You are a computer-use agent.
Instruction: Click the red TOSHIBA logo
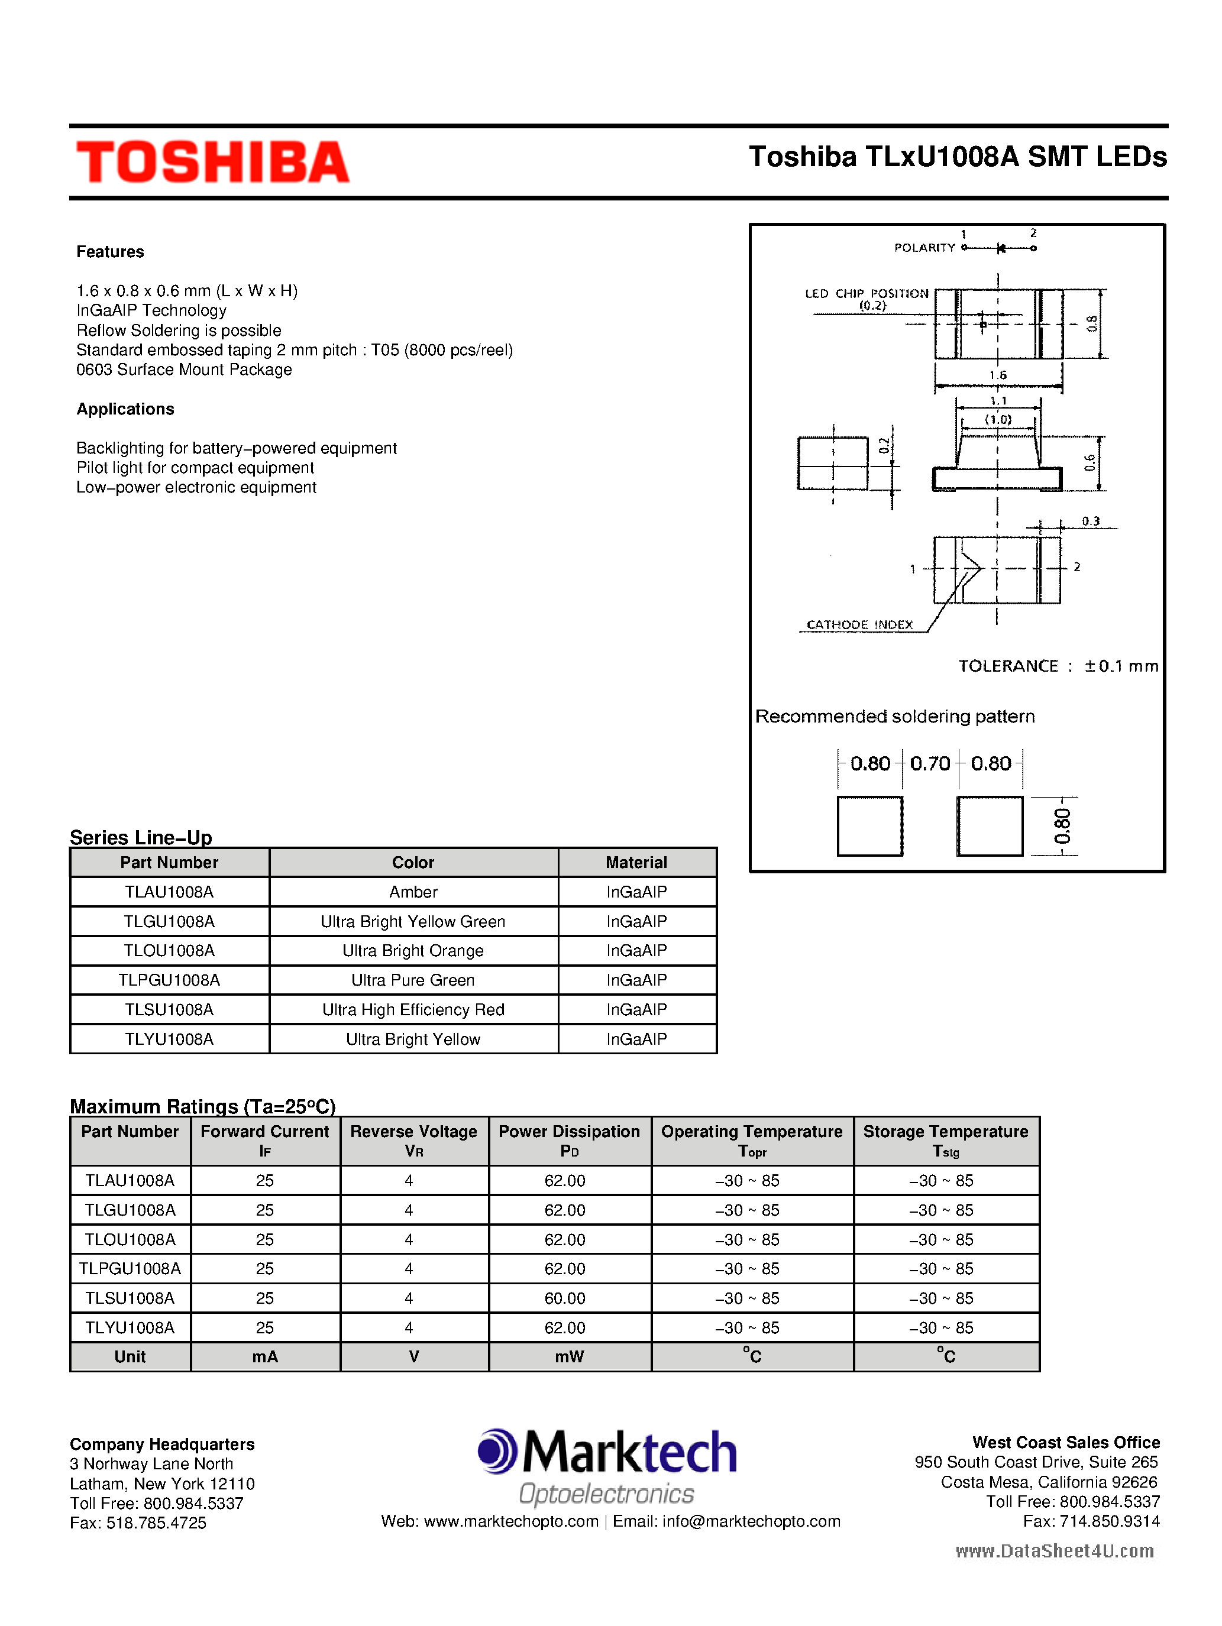[x=212, y=162]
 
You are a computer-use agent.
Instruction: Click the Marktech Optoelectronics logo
[x=607, y=1467]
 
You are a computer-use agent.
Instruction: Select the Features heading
[x=110, y=252]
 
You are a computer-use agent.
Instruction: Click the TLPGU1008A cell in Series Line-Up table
[x=169, y=980]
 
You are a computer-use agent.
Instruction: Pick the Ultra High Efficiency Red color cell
[x=413, y=1010]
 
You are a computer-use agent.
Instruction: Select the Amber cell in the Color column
[x=413, y=892]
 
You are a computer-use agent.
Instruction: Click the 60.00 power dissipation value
[x=565, y=1299]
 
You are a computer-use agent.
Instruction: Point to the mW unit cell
[x=569, y=1357]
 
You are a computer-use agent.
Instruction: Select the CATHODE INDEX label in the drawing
[x=859, y=625]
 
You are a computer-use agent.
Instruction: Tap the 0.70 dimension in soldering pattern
[x=930, y=764]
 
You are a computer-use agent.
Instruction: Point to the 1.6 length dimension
[x=998, y=375]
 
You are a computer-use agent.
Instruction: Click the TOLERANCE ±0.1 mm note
[x=1058, y=666]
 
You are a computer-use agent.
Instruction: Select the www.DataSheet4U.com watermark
[x=1055, y=1551]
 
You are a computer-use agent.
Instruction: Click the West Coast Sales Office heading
[x=1065, y=1443]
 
